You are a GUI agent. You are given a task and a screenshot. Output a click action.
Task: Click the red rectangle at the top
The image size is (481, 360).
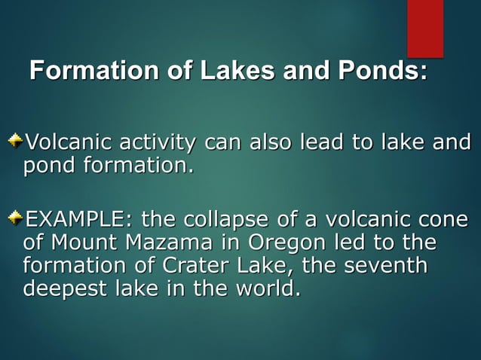tap(425, 28)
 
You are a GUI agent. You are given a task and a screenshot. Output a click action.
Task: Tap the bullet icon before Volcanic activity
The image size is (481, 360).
tap(16, 140)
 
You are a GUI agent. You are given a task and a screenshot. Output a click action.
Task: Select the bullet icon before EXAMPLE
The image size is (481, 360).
tap(16, 218)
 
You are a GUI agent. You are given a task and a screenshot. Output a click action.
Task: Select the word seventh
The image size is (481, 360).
tap(384, 266)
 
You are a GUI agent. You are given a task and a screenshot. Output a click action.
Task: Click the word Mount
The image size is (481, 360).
tap(84, 243)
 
